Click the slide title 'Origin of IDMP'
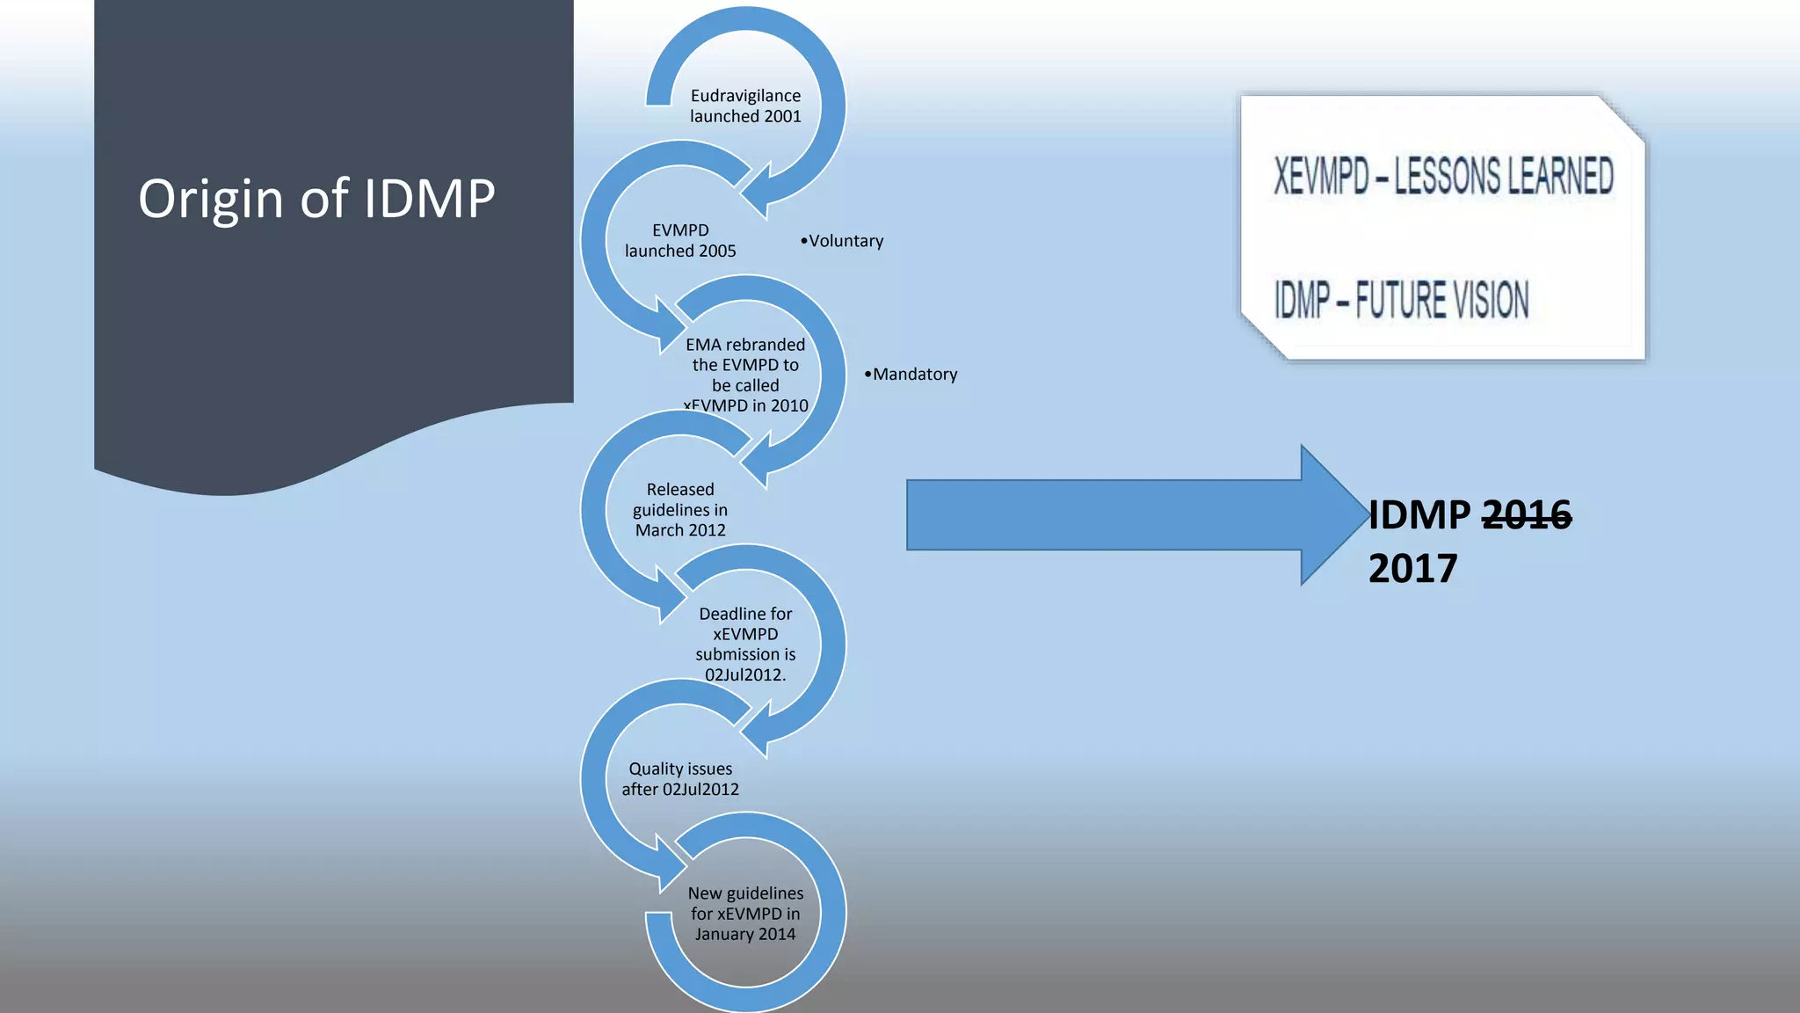click(316, 199)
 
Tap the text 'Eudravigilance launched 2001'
click(745, 106)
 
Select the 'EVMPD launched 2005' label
click(680, 240)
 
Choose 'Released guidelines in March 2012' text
click(680, 509)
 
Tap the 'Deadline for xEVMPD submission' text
click(745, 644)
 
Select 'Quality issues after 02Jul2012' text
click(680, 778)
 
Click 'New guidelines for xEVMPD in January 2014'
click(745, 913)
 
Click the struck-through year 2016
click(1527, 514)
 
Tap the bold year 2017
click(1412, 568)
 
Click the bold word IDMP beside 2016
click(1419, 514)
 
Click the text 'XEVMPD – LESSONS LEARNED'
click(1443, 176)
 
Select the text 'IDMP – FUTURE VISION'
click(1401, 300)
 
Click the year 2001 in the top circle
click(782, 116)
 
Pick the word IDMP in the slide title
click(429, 199)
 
